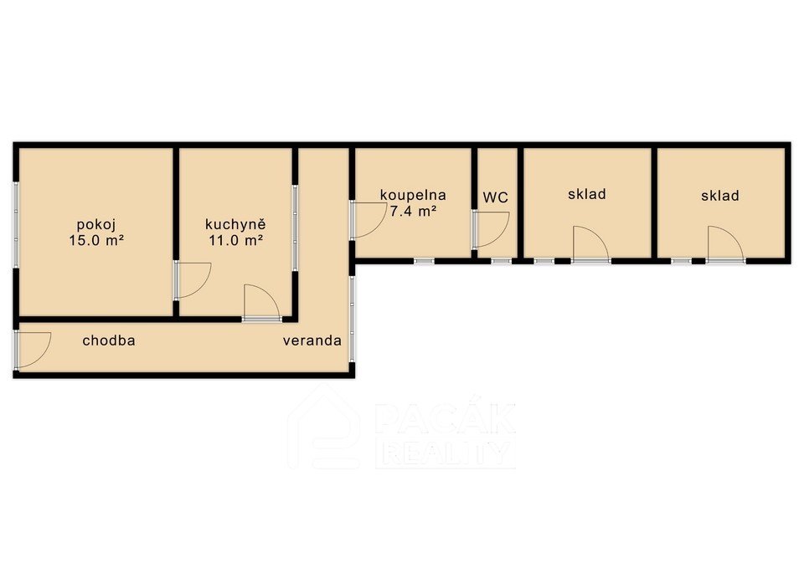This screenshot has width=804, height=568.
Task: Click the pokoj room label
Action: click(95, 225)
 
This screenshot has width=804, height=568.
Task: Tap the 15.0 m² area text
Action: click(96, 240)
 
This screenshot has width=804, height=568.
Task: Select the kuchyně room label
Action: click(235, 224)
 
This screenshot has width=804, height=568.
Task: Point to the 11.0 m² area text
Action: click(236, 240)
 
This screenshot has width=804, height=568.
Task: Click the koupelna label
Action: click(413, 196)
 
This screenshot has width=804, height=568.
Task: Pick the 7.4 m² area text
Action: click(413, 211)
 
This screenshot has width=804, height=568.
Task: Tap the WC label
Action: click(495, 197)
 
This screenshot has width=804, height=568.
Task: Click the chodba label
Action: click(109, 340)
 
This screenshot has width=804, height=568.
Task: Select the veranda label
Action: click(312, 340)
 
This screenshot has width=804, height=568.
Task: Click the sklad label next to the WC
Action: click(587, 194)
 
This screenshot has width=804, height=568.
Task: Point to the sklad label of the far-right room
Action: click(720, 196)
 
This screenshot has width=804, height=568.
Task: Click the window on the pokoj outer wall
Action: click(16, 224)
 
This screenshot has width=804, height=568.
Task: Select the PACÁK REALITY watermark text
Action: click(445, 435)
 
